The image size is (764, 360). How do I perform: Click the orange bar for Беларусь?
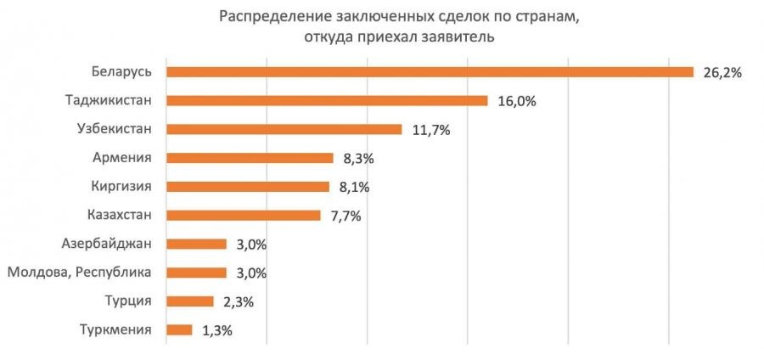point(430,72)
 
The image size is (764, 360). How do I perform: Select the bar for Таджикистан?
point(327,101)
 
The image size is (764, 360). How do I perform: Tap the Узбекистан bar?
point(284,130)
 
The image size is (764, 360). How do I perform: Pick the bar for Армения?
point(250,158)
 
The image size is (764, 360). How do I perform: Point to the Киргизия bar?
point(248,187)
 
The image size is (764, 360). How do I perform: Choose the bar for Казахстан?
point(244,216)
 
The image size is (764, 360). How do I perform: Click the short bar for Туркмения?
point(180,330)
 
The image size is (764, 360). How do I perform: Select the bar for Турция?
point(190,301)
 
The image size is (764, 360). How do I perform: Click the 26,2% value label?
point(723,73)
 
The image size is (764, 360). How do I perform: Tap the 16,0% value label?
point(517,101)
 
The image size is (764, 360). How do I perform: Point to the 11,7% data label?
point(430,130)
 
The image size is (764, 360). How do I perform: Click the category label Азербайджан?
point(107,244)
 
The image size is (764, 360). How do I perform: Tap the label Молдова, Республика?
point(79,273)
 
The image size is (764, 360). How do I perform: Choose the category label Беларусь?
point(123,71)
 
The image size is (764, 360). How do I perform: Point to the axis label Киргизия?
point(121,186)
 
